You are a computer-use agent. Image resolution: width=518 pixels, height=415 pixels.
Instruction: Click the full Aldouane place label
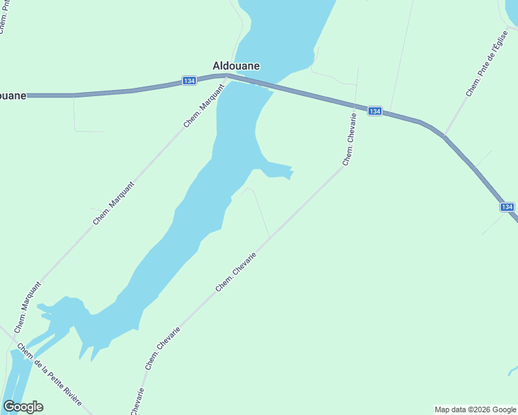click(236, 66)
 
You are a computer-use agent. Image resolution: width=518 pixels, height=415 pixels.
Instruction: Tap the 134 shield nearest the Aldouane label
click(189, 81)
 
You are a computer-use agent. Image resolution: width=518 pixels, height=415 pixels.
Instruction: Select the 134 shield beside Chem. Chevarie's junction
click(374, 111)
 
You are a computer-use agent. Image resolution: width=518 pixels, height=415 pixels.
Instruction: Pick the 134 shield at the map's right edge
click(507, 207)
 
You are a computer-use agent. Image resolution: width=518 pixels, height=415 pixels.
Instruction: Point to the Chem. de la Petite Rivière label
click(49, 376)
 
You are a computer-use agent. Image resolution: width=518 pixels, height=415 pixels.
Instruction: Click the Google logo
click(23, 407)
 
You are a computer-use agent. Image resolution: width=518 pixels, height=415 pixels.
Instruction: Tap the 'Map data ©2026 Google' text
click(475, 409)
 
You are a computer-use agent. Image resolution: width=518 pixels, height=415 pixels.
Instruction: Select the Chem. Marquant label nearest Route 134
click(204, 105)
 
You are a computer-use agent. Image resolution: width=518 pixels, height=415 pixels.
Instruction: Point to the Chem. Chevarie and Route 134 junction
click(356, 106)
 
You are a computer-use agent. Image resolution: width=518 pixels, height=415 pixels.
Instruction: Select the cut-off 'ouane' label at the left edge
click(13, 95)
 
